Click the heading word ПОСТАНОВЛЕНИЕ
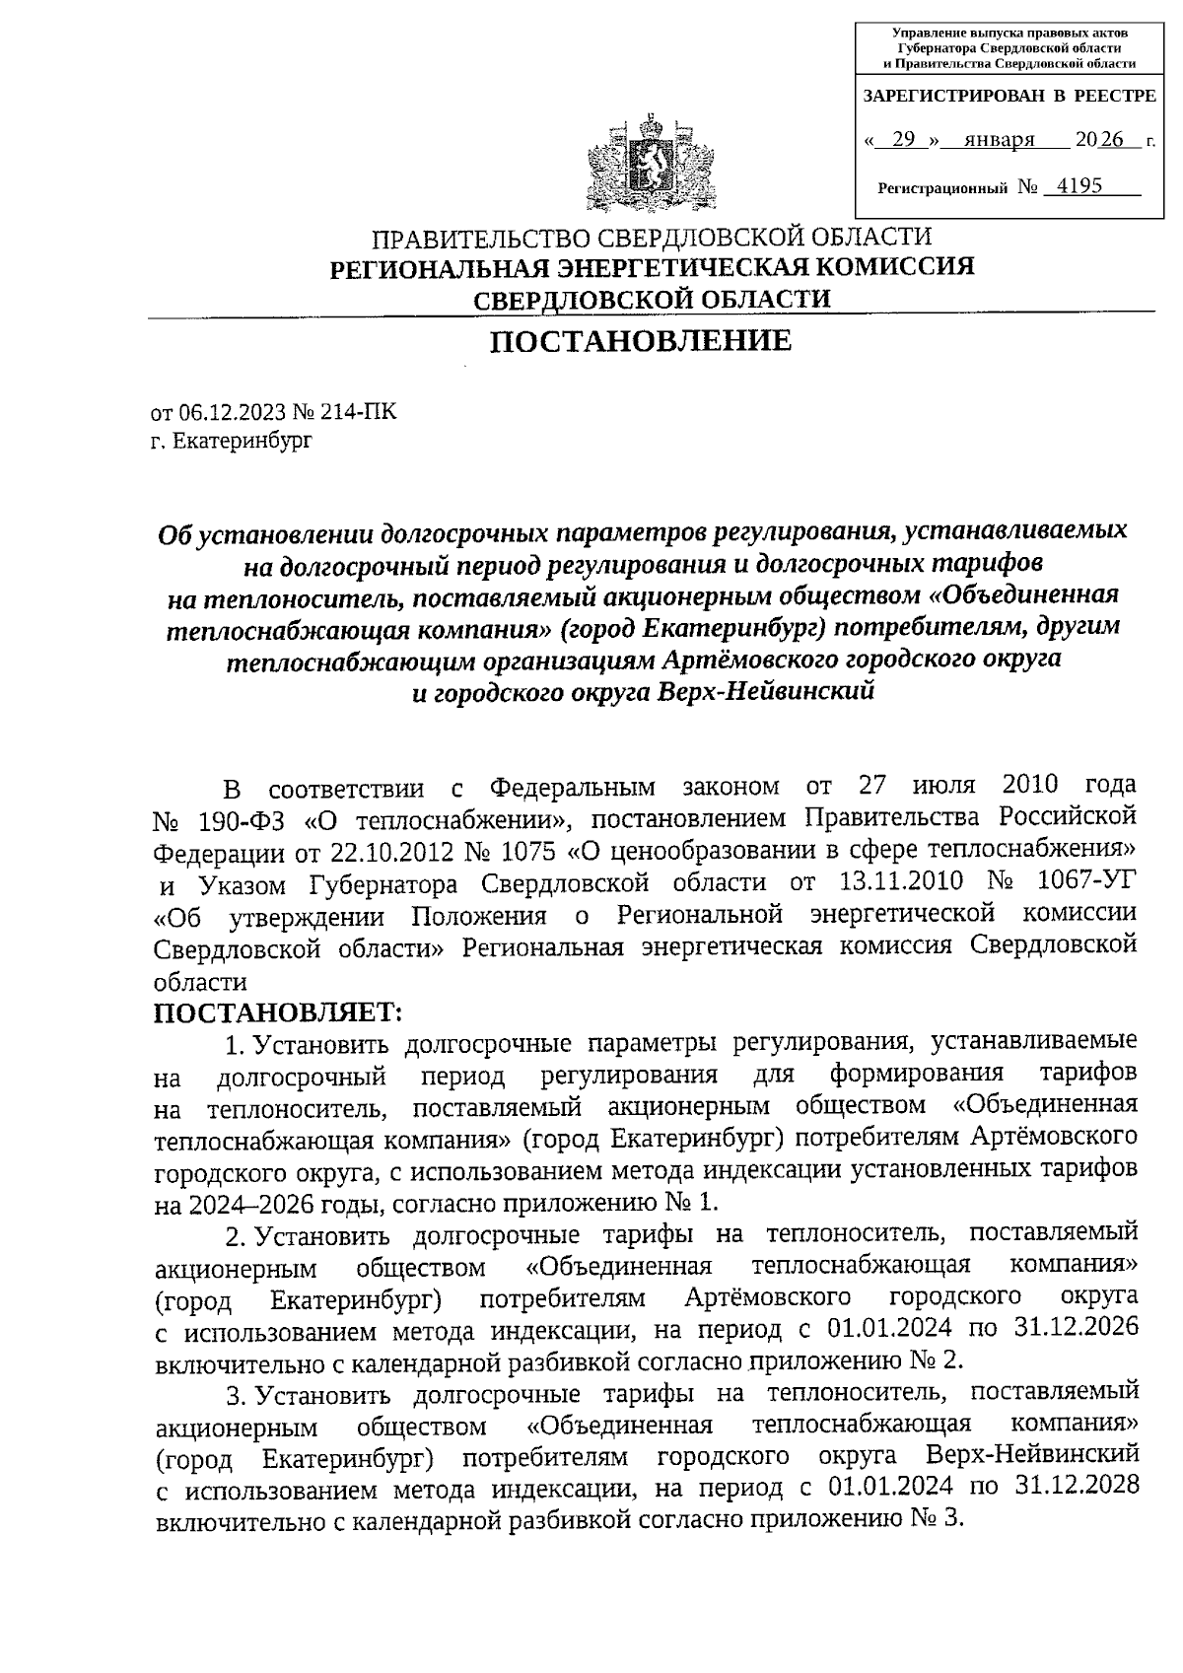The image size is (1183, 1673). click(641, 341)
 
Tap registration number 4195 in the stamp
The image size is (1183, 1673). click(1078, 185)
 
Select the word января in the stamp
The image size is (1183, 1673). click(1000, 140)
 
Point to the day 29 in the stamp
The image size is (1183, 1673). click(901, 140)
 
